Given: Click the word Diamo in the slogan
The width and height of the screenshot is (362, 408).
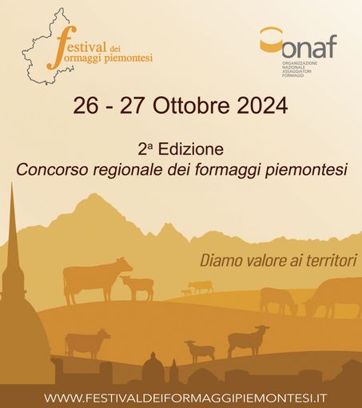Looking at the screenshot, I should coord(219,261).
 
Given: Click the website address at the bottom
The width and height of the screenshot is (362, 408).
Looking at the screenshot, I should coord(180,397).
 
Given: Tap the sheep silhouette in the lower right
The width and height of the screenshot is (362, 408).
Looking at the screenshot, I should coord(249,339).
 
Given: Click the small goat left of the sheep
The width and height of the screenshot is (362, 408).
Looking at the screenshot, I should coord(200,350).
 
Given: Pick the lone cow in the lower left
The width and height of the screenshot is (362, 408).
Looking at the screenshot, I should coord(86,342).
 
